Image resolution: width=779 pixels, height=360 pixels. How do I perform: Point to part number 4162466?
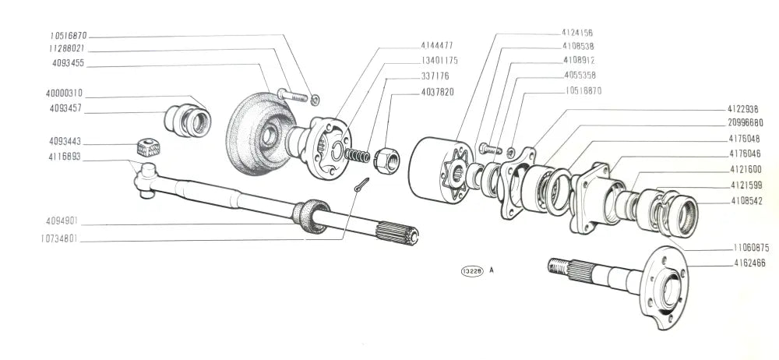tap(749, 264)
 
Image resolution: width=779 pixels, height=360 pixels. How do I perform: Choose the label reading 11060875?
tap(749, 248)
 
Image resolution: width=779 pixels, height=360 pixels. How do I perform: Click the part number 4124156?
tap(576, 33)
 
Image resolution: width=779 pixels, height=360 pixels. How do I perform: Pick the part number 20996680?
tap(746, 123)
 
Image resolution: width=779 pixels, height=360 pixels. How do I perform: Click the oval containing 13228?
tap(472, 271)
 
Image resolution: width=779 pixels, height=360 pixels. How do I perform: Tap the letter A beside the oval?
tap(492, 271)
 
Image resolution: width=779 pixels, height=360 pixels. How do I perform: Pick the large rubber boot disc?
tap(253, 134)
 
